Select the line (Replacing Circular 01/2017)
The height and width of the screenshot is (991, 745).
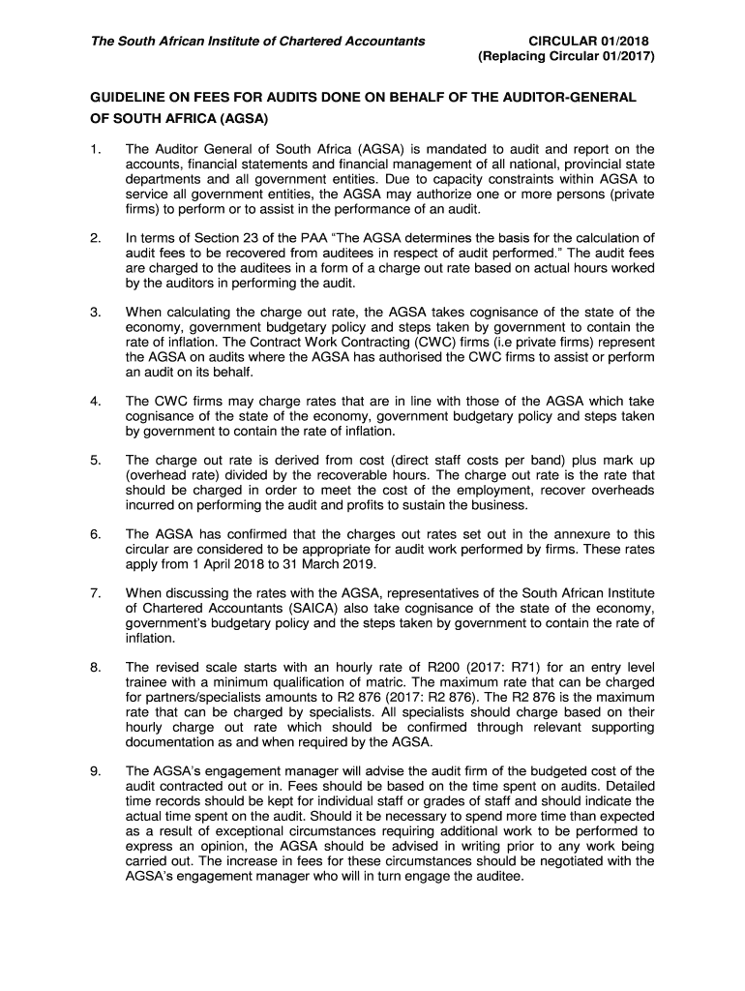[x=567, y=57]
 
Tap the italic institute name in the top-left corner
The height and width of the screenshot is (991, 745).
[x=257, y=41]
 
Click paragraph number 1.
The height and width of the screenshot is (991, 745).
[x=94, y=149]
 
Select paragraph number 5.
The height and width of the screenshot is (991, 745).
[x=94, y=461]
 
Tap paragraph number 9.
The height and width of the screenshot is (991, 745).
[x=94, y=770]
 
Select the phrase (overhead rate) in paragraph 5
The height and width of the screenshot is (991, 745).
[x=167, y=476]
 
